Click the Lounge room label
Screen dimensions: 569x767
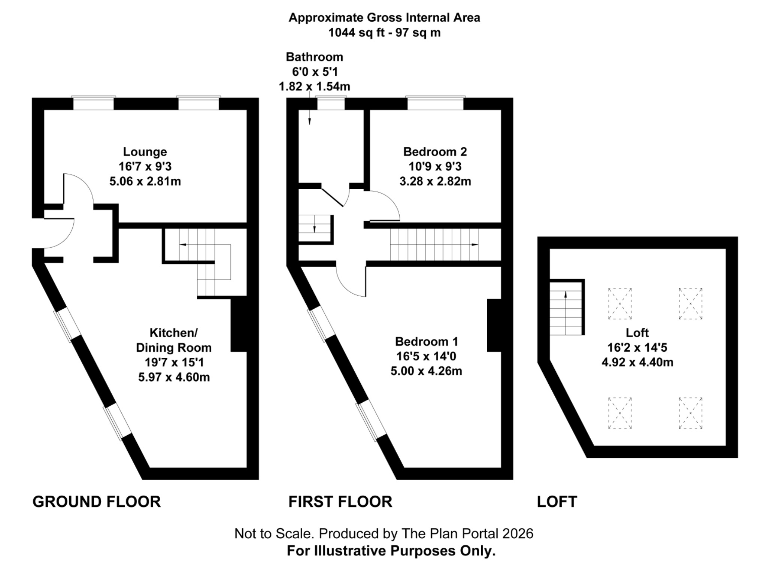click(x=145, y=152)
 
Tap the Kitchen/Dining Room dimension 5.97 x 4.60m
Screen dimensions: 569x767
click(x=174, y=377)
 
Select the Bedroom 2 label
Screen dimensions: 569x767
click(x=435, y=152)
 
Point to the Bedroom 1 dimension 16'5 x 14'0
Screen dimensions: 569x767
click(x=426, y=356)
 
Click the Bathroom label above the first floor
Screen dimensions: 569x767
click(x=314, y=57)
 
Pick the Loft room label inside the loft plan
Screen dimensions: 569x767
click(x=637, y=333)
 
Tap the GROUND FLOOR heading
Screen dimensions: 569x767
click(x=97, y=502)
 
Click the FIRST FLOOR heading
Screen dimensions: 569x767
click(x=340, y=502)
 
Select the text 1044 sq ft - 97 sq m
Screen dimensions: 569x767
click(x=384, y=33)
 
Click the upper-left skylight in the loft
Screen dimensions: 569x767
click(x=620, y=303)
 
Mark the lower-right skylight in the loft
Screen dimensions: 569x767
click(x=690, y=413)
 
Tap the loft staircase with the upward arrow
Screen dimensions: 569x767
click(x=566, y=307)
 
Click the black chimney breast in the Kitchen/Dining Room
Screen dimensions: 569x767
click(x=239, y=324)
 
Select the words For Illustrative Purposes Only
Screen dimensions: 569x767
click(x=391, y=551)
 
